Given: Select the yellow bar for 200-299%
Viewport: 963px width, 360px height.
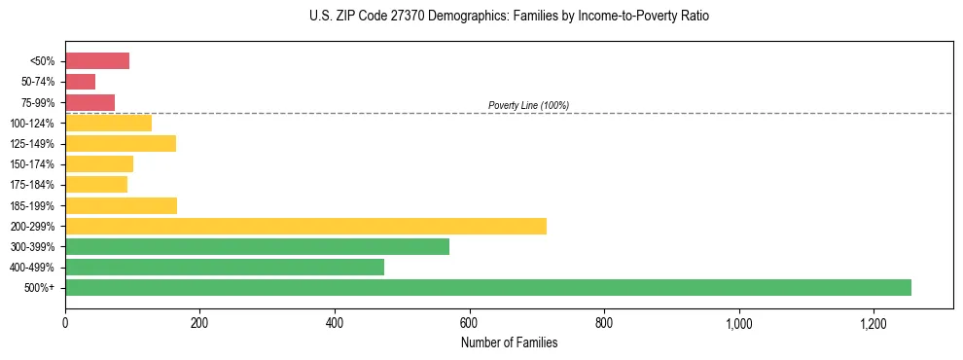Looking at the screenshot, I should click(x=305, y=226).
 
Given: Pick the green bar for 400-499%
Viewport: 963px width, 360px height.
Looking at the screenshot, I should click(x=225, y=267).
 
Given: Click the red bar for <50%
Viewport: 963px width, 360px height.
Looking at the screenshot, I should click(x=97, y=61).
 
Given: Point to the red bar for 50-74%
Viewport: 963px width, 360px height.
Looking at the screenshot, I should click(x=80, y=82).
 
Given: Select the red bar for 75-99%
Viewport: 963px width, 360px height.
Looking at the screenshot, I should click(x=89, y=102).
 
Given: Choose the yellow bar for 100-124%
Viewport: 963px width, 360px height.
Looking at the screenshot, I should click(x=108, y=123).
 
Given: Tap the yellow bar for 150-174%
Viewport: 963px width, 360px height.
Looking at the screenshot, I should click(x=99, y=163).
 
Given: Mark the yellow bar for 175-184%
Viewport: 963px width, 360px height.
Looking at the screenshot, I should click(x=96, y=184).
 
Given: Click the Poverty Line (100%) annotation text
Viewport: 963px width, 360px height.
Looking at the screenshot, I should click(x=528, y=105).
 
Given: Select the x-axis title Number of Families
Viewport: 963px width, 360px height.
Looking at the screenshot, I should click(x=510, y=342).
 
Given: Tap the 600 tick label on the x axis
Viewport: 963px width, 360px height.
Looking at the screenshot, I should click(x=470, y=323).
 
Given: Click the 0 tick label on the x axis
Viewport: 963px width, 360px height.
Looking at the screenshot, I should click(x=65, y=323).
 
